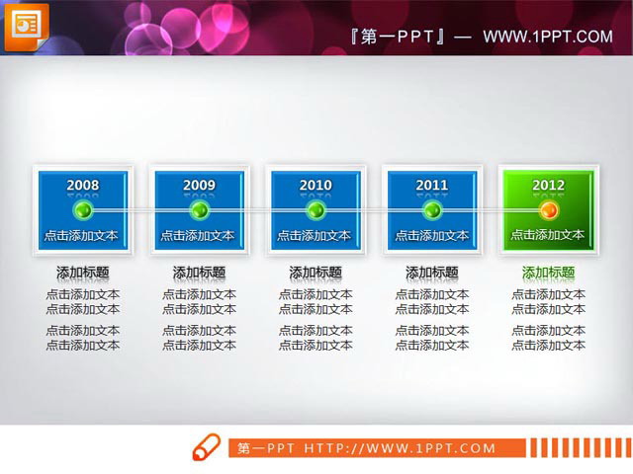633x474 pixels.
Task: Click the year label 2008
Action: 82,185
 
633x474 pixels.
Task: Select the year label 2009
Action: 199,185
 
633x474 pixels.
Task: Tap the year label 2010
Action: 316,185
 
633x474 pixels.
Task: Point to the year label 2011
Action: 432,185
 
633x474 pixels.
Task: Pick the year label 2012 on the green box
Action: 549,185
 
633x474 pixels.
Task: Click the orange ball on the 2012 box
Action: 549,210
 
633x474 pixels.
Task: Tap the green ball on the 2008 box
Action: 83,210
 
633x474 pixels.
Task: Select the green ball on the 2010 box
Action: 316,210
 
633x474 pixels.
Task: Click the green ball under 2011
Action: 432,210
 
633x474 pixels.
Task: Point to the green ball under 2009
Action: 199,210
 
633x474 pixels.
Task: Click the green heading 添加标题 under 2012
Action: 548,273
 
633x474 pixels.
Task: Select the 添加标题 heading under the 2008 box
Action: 82,273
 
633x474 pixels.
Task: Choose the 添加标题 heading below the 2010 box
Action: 316,273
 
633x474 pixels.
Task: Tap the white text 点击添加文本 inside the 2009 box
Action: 199,235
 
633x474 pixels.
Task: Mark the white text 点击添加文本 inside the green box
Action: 548,235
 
